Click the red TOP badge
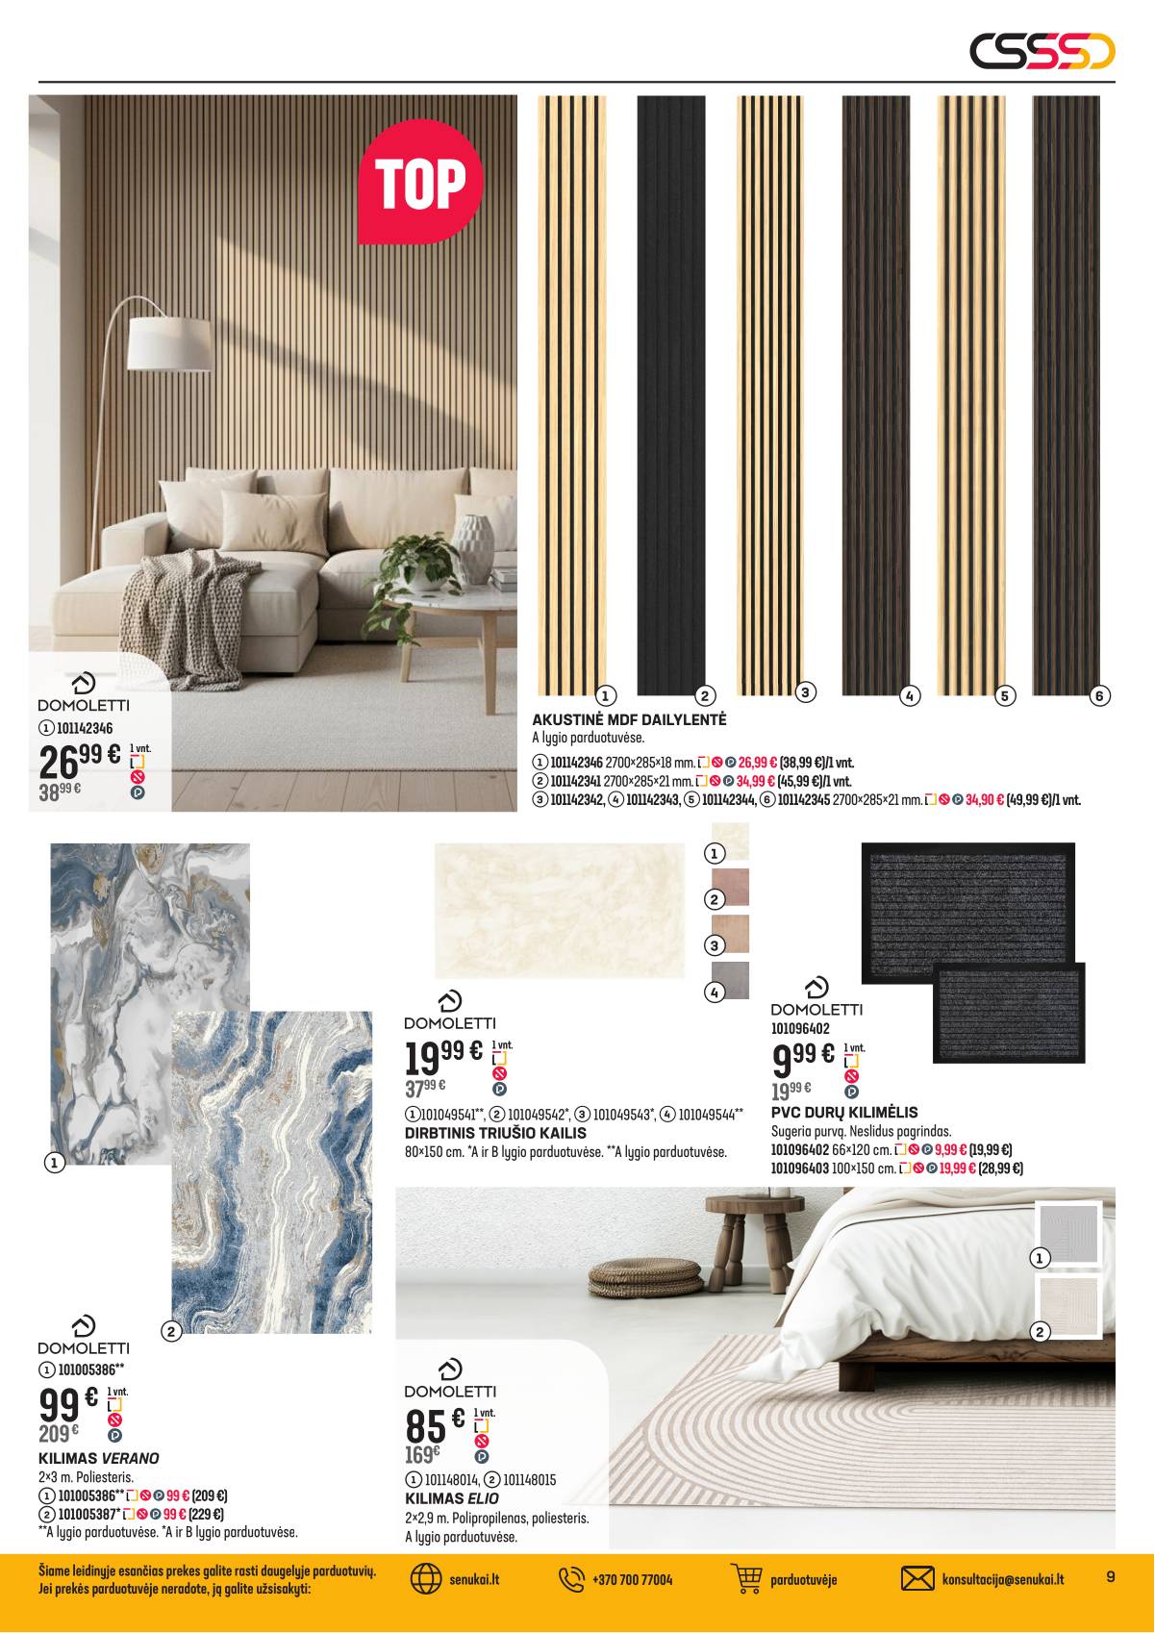(x=420, y=182)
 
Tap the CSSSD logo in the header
(x=1042, y=51)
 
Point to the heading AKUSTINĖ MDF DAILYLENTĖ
(x=629, y=719)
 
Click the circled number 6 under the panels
(x=1100, y=695)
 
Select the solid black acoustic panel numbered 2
(x=670, y=394)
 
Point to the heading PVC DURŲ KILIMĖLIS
(x=844, y=1113)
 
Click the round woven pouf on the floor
(x=644, y=1276)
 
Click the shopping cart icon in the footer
(x=746, y=1579)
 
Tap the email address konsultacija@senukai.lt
(x=1002, y=1580)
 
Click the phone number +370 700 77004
(x=632, y=1580)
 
